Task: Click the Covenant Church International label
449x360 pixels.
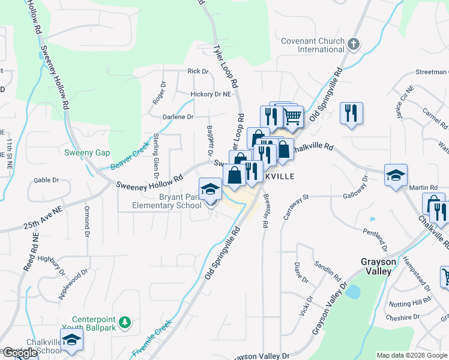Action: (x=313, y=46)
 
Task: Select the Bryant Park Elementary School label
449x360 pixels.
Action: (x=167, y=202)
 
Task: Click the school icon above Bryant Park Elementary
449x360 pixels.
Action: (x=211, y=189)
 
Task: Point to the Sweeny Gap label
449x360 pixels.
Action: (x=87, y=152)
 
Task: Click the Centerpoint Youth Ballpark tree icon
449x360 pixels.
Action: (x=125, y=323)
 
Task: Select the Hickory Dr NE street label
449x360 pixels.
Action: (x=210, y=94)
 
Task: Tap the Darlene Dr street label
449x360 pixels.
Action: (x=178, y=117)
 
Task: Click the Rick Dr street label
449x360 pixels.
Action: (x=198, y=71)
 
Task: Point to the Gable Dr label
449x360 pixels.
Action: (x=46, y=179)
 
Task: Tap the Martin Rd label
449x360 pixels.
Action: (x=422, y=188)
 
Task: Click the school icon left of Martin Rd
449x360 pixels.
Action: (x=396, y=175)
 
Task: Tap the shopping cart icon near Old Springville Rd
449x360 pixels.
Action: (x=292, y=116)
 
